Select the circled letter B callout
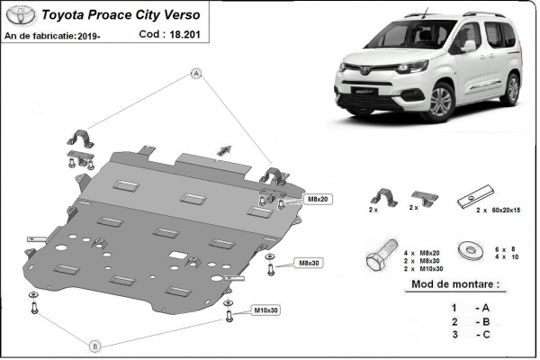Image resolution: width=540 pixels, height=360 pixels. (x=94, y=344)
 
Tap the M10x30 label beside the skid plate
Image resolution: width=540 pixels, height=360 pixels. (x=266, y=310)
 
